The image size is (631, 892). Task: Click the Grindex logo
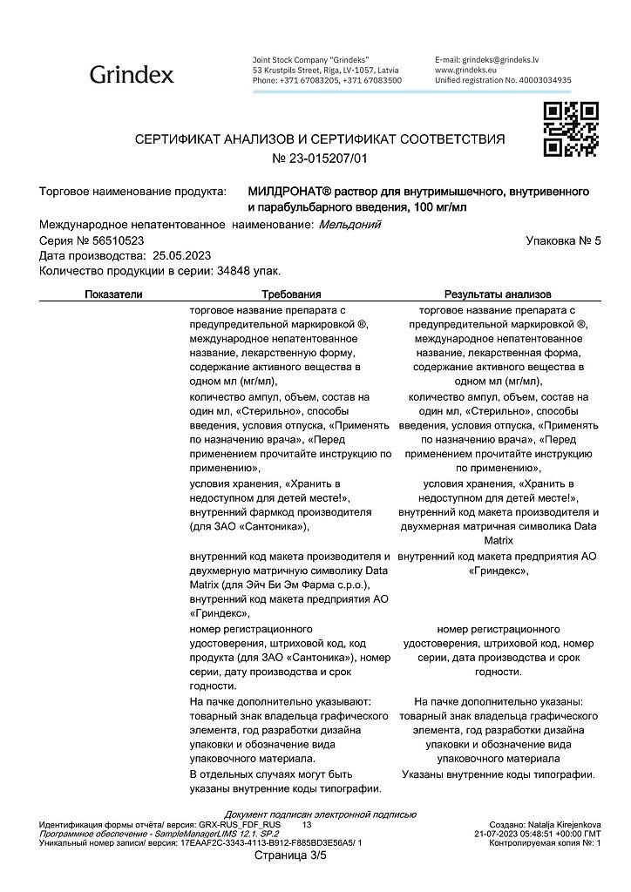132,75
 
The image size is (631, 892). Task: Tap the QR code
570,129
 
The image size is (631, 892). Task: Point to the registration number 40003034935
541,79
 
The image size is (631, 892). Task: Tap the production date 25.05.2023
182,255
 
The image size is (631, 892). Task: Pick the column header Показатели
113,294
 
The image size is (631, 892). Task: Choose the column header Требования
291,294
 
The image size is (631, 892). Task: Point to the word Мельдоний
349,224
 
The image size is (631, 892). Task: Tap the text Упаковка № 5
564,240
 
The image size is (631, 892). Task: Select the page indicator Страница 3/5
289,855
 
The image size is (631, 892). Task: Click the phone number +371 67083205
309,79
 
